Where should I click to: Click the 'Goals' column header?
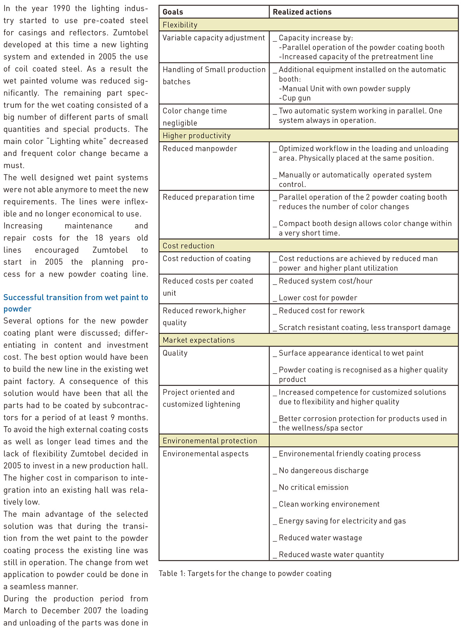[173, 12]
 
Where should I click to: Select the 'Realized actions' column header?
[302, 12]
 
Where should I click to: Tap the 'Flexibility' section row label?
[180, 25]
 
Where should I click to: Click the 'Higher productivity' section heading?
[197, 136]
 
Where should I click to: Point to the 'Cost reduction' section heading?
[188, 246]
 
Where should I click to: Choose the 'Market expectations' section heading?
[199, 340]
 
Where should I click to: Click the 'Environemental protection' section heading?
[210, 441]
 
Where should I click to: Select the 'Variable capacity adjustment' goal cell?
[214, 38]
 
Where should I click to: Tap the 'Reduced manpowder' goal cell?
[200, 149]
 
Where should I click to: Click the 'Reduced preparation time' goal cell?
[208, 197]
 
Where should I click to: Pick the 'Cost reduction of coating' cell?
[206, 259]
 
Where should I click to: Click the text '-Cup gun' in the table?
[295, 98]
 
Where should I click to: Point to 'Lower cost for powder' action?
[318, 298]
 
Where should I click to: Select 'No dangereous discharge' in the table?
[323, 471]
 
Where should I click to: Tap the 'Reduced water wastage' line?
[320, 538]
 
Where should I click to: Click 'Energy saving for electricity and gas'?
[342, 521]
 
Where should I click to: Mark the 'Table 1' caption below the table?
[245, 573]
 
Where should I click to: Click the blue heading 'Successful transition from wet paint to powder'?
[76, 303]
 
